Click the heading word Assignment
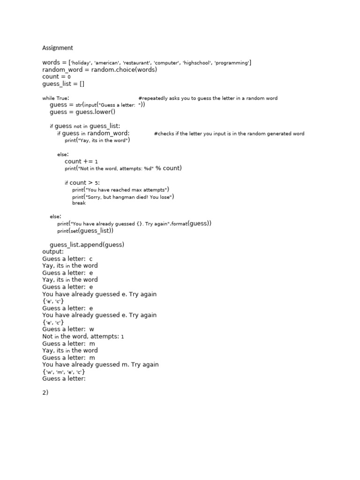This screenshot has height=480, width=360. (x=58, y=48)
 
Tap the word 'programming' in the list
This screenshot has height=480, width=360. (x=232, y=63)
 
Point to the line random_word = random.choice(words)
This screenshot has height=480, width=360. (x=99, y=70)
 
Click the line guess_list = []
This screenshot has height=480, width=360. (x=63, y=84)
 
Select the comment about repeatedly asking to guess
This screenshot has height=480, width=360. (x=208, y=98)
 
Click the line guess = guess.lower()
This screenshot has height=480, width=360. (x=82, y=112)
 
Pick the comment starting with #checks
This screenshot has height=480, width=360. (x=229, y=134)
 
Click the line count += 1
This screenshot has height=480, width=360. (x=81, y=161)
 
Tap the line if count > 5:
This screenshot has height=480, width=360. (x=82, y=183)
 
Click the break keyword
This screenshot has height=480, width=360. (x=79, y=203)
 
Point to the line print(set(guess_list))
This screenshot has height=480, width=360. (x=85, y=231)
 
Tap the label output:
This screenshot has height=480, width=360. (x=52, y=252)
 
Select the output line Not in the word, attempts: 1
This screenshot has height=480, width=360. (x=83, y=336)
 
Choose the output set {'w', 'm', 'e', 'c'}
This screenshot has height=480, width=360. (x=64, y=372)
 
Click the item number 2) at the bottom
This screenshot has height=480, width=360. (x=45, y=393)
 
